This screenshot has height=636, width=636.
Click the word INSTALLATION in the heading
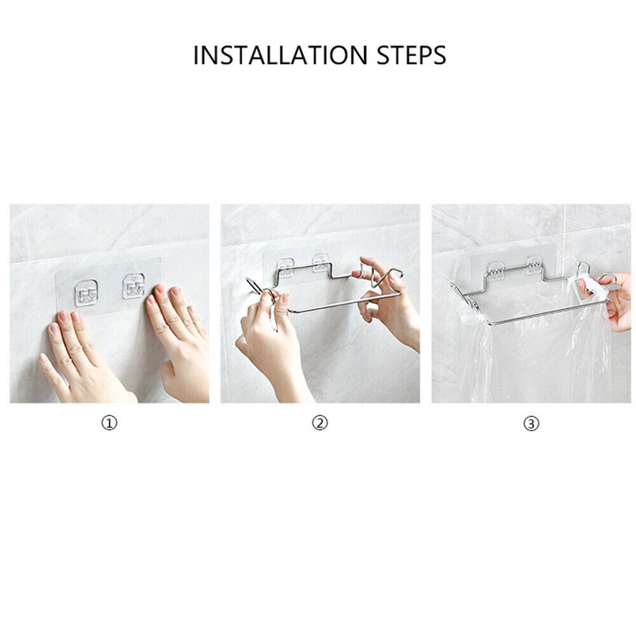pos(280,55)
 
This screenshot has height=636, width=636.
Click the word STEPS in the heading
pos(411,55)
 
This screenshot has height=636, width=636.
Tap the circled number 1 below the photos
pos(109,424)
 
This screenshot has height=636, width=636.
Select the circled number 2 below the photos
pos(320,424)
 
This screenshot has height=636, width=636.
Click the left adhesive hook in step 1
pos(86,293)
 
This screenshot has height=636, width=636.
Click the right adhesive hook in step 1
pos(134,286)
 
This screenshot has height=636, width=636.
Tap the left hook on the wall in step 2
pos(286,267)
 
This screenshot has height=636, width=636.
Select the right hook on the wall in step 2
pos(321,263)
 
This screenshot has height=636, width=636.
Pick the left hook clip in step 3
pos(495,270)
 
